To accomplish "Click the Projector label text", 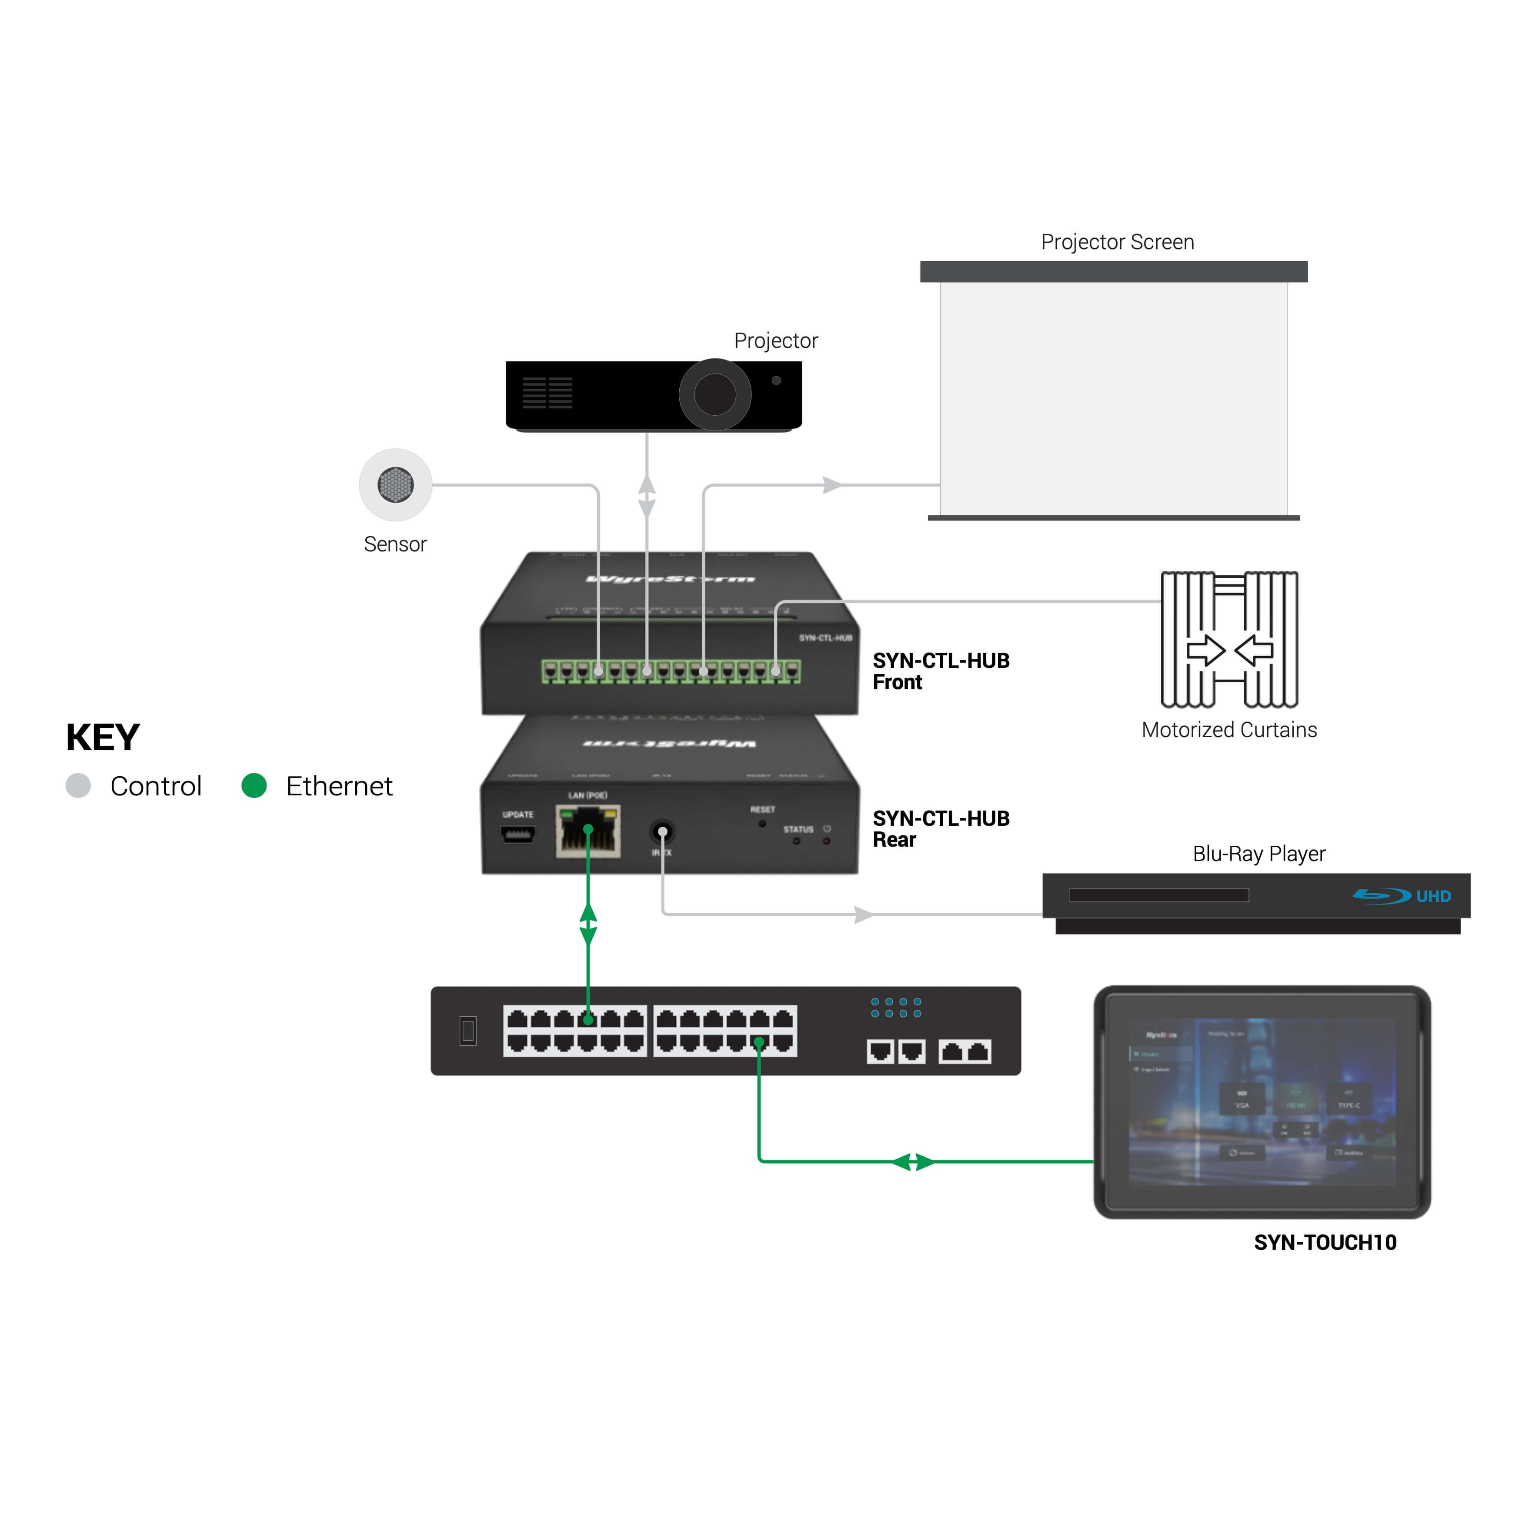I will click(775, 340).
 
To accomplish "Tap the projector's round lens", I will click(714, 394).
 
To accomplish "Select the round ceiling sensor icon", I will click(395, 484).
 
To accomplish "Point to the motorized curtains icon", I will click(1229, 639).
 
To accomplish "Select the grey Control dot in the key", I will click(78, 785).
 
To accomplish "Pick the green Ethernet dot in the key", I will click(254, 785).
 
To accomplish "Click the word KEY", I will click(103, 738).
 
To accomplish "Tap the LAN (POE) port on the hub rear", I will click(587, 831).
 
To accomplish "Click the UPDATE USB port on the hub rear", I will click(517, 834).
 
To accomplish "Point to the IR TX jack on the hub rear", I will click(662, 832).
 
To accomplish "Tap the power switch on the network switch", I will click(468, 1031).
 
